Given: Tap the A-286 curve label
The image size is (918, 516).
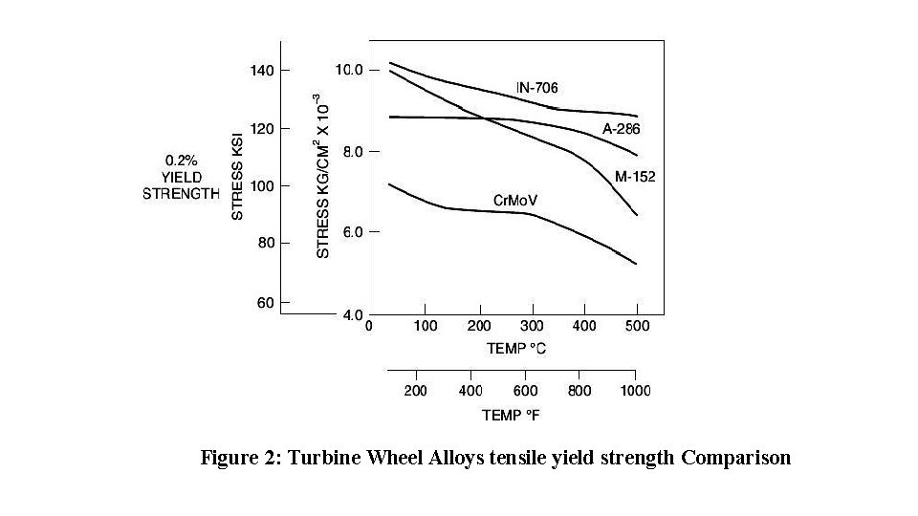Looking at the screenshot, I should (621, 129).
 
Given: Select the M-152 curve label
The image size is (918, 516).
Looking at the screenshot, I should (635, 177).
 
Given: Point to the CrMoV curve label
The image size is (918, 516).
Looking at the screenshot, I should (515, 200).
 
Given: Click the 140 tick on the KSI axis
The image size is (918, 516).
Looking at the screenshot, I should (263, 70).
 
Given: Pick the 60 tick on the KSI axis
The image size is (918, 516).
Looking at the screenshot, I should (266, 303).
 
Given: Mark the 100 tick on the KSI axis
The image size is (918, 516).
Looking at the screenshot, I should (263, 185).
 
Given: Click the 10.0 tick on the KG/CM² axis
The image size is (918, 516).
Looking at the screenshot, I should (348, 70).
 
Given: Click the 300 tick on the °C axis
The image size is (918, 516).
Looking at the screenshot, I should (532, 326).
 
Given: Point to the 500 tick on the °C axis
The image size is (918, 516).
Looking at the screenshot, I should (638, 326).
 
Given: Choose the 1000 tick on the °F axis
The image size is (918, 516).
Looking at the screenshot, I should (636, 391).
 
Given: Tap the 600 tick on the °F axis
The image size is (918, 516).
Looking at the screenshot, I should (526, 391).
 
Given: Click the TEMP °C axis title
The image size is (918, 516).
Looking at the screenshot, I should (517, 349).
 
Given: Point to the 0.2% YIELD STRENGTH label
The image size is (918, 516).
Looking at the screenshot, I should (181, 177).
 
